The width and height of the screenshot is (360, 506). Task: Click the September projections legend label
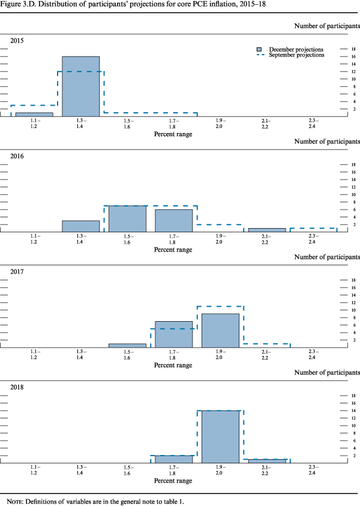coord(296,55)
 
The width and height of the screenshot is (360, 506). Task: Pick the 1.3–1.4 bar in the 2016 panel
coord(81,226)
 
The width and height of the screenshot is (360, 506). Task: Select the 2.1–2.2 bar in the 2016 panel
coord(267,230)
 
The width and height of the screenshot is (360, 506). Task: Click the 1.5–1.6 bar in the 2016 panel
coord(127,218)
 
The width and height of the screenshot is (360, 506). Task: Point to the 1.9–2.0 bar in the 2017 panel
coord(220,331)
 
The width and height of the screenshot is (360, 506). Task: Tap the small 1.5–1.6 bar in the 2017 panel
coord(127,346)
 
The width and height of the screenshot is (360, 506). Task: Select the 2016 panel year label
coord(17,155)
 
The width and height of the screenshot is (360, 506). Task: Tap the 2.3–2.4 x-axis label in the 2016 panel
coord(313,238)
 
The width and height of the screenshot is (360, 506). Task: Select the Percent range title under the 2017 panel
coord(174,365)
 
